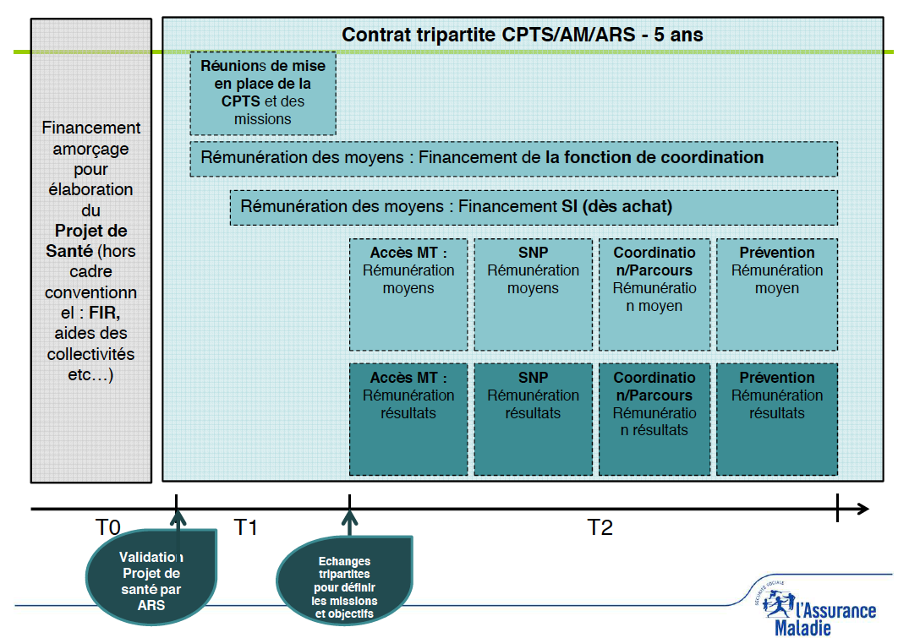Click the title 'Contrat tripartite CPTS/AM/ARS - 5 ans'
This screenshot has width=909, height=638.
pyautogui.click(x=522, y=35)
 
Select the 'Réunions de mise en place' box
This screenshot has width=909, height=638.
pyautogui.click(x=263, y=94)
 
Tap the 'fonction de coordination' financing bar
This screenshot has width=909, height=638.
pyautogui.click(x=513, y=158)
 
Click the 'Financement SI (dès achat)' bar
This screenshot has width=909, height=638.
pyautogui.click(x=534, y=207)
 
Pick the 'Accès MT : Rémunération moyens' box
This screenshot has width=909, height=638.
pyautogui.click(x=408, y=294)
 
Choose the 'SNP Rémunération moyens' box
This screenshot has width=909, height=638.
pyautogui.click(x=533, y=294)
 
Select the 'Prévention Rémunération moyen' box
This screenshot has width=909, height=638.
pyautogui.click(x=776, y=294)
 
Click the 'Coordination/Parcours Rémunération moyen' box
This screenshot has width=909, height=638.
pyautogui.click(x=654, y=294)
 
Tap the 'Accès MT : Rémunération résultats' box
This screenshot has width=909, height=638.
pyautogui.click(x=408, y=419)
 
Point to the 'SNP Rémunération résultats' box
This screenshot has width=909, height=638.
pyautogui.click(x=533, y=419)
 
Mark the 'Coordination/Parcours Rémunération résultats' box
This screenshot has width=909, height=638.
pyautogui.click(x=654, y=419)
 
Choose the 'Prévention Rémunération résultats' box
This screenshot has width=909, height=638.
pyautogui.click(x=776, y=419)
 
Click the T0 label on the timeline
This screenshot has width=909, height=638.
pyautogui.click(x=107, y=528)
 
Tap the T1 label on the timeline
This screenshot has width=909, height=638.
pyautogui.click(x=245, y=528)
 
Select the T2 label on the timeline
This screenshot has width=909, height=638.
pyautogui.click(x=600, y=528)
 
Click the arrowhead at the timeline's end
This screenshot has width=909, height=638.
pyautogui.click(x=862, y=509)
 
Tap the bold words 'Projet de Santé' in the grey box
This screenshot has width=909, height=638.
pyautogui.click(x=90, y=241)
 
